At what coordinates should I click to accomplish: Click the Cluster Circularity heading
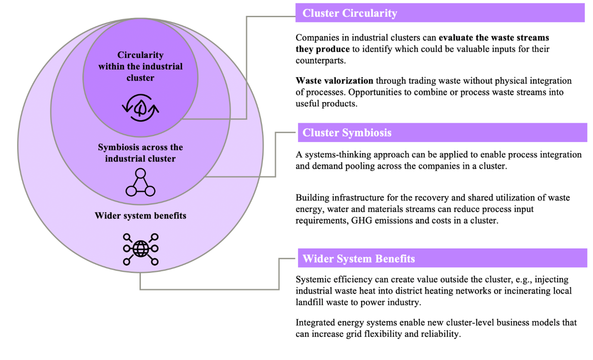pos(349,14)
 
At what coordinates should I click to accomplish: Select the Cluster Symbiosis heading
pos(347,133)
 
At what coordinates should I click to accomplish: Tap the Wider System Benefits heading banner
pos(359,259)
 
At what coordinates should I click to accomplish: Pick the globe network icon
pos(141,249)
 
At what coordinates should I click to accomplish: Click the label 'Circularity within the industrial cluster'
pos(140,67)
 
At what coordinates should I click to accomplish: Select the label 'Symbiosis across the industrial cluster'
pos(140,153)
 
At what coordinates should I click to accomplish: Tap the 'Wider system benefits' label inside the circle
pos(140,215)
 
